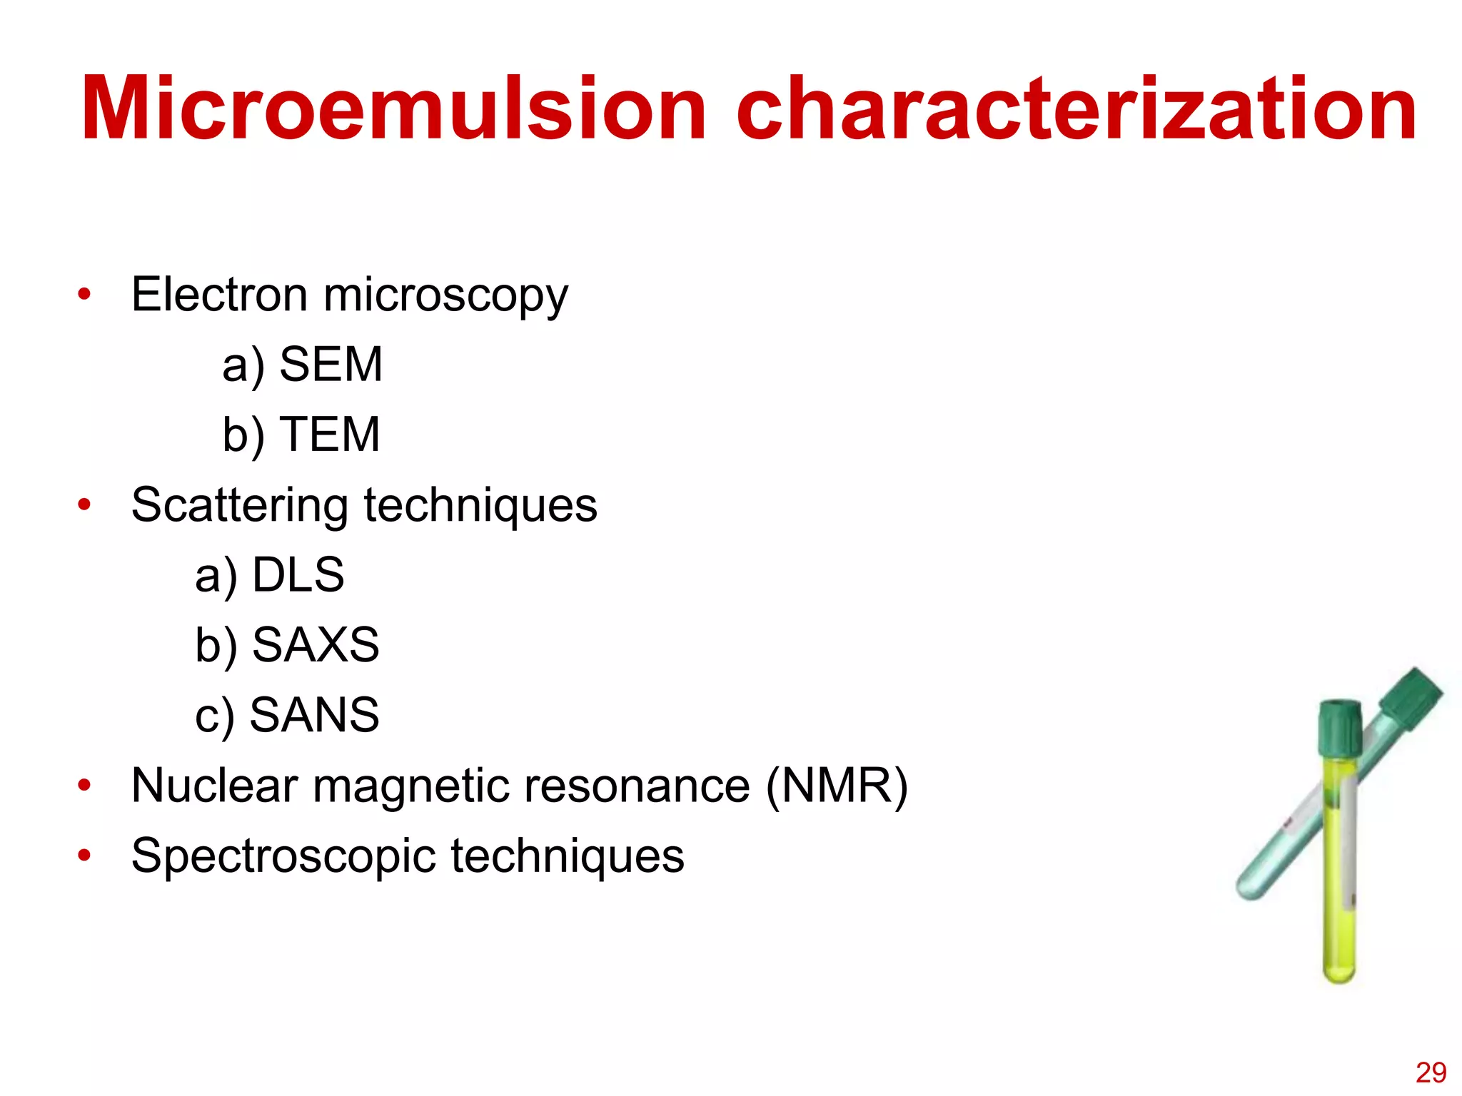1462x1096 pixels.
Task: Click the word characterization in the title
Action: (1077, 109)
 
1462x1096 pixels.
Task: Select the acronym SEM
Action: (331, 365)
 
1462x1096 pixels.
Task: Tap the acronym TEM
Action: (331, 435)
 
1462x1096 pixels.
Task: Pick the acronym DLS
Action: (298, 574)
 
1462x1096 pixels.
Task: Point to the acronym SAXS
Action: (316, 644)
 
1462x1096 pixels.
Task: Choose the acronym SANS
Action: (315, 714)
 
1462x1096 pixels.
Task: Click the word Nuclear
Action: (215, 786)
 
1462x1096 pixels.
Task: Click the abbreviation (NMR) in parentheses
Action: (836, 786)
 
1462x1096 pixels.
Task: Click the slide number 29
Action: (1431, 1072)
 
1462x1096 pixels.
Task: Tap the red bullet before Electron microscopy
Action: (85, 294)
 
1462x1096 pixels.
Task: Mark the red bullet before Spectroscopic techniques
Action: (85, 855)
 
